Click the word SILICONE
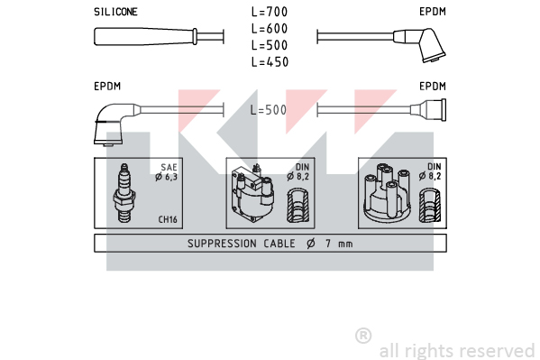[x=115, y=12]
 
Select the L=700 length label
[x=270, y=12]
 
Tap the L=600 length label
[x=270, y=29]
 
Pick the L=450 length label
[x=270, y=62]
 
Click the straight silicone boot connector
[x=145, y=37]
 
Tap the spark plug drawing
[x=124, y=193]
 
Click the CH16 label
[x=168, y=219]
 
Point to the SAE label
[x=169, y=167]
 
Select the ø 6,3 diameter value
[x=166, y=177]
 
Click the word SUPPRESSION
[x=222, y=244]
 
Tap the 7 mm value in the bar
[x=339, y=244]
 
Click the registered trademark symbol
[x=363, y=336]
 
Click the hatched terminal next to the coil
[x=298, y=205]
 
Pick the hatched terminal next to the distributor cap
[x=430, y=205]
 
